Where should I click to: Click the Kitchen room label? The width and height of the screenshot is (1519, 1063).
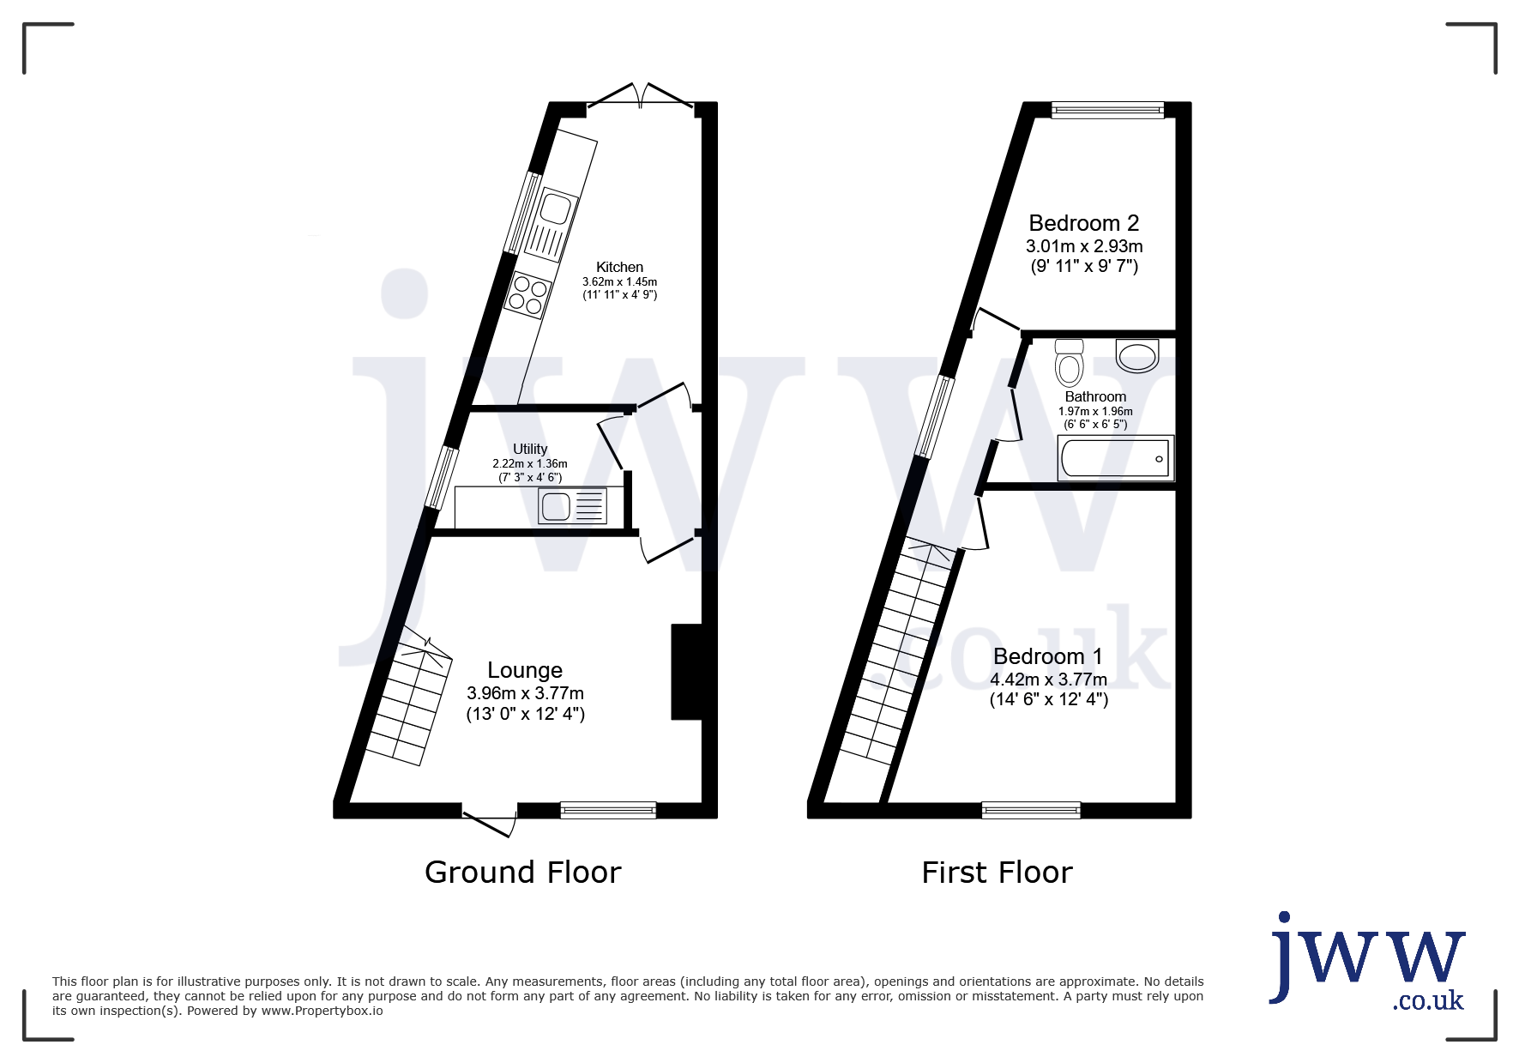click(619, 268)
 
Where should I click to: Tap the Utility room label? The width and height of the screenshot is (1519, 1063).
click(530, 449)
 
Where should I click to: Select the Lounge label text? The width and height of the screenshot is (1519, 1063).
click(525, 671)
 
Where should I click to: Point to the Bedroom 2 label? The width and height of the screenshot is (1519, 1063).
click(1084, 223)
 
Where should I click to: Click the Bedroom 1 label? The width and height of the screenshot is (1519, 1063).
click(1048, 656)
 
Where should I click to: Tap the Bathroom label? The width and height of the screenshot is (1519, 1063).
click(1095, 396)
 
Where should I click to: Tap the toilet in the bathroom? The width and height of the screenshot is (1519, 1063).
click(1069, 363)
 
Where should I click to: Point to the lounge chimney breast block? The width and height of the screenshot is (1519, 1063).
click(686, 672)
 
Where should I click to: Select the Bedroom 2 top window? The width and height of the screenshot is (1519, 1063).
click(1108, 109)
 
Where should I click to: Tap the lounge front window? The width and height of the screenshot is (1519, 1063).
click(608, 809)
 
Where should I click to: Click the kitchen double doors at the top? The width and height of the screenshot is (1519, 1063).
click(641, 96)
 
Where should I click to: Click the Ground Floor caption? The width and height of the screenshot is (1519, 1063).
click(523, 873)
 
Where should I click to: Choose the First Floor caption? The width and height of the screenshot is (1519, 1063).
click(997, 873)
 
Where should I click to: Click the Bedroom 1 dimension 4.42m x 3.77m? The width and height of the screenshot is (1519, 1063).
click(1048, 679)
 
